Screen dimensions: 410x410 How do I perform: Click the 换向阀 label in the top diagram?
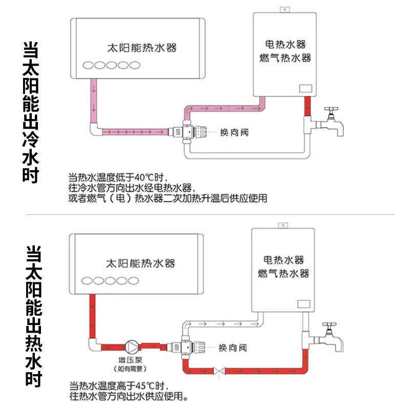(x=234, y=132)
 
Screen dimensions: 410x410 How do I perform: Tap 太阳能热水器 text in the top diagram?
(x=141, y=48)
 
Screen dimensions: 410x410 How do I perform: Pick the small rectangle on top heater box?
(x=305, y=88)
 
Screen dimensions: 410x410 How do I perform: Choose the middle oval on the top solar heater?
(x=111, y=65)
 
